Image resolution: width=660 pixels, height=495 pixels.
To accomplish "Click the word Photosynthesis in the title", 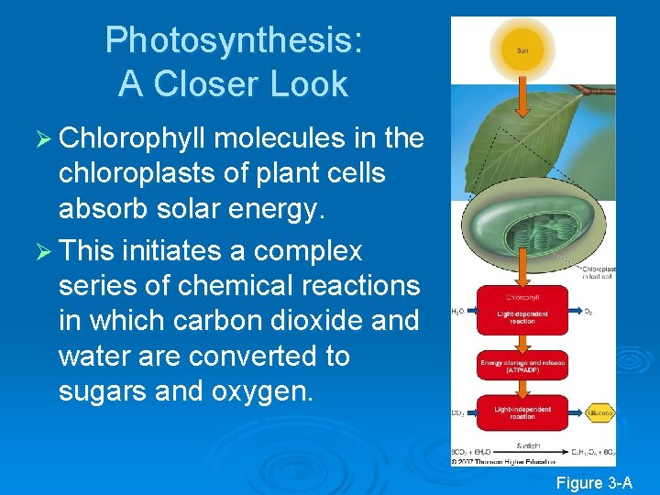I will tap(234, 41).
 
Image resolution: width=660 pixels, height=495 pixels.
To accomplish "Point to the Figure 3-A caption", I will tap(595, 483).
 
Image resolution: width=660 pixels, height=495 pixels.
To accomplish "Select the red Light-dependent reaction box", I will tap(522, 311).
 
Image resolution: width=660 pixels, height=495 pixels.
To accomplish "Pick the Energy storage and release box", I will tap(522, 365).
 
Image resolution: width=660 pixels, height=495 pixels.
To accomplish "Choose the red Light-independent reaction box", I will tap(522, 412).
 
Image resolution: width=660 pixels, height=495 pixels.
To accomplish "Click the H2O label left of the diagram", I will tap(457, 312).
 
